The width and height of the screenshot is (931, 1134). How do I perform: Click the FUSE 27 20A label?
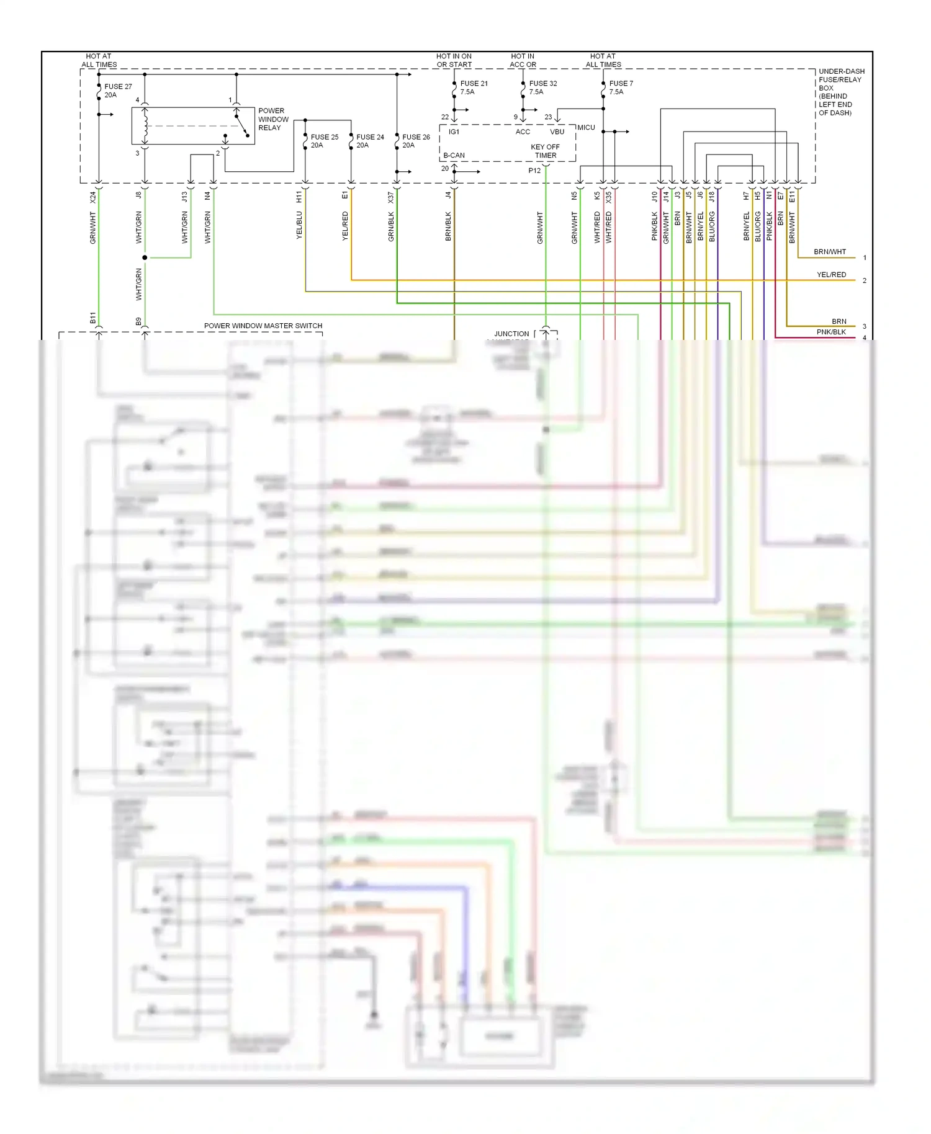click(x=118, y=91)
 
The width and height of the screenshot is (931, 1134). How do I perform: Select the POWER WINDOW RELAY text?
click(x=273, y=119)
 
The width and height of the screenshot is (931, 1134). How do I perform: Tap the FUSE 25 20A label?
click(x=324, y=141)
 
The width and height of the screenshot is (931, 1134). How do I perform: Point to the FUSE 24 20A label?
click(x=370, y=141)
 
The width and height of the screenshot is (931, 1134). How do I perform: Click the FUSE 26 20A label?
click(x=416, y=141)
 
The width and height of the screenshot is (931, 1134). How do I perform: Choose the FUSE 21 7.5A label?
click(x=474, y=87)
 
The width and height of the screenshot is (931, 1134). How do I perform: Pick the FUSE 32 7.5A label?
click(x=542, y=87)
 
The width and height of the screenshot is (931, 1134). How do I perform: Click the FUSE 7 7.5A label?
click(x=621, y=87)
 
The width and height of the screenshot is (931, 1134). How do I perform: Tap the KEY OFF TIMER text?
click(x=545, y=151)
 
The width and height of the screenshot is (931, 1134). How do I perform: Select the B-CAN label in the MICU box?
click(x=454, y=156)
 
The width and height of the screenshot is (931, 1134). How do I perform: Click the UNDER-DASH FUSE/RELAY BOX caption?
click(x=841, y=92)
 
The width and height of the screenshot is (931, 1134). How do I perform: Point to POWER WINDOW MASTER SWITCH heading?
click(x=263, y=326)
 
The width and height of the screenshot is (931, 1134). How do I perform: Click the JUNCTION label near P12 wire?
click(x=511, y=334)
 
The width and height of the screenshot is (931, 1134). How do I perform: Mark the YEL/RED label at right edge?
click(x=831, y=275)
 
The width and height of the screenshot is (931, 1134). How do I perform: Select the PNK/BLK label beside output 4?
click(x=831, y=332)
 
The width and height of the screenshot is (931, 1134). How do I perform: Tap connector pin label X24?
click(x=93, y=197)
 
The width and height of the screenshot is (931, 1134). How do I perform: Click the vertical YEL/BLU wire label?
click(x=299, y=225)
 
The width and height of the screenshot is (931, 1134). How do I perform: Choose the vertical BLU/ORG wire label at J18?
click(x=712, y=226)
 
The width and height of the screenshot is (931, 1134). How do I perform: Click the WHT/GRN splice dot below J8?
click(x=145, y=257)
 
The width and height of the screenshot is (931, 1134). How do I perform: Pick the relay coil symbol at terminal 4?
click(x=145, y=125)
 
